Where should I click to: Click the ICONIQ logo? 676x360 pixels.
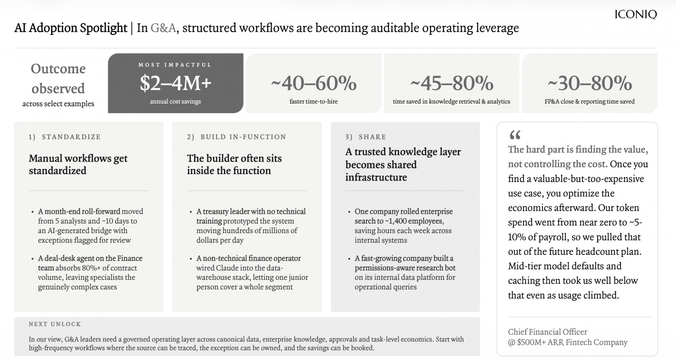click(x=636, y=14)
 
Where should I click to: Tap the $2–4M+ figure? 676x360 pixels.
click(x=175, y=83)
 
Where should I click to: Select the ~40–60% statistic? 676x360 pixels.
click(x=314, y=83)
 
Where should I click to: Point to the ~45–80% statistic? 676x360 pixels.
click(x=452, y=83)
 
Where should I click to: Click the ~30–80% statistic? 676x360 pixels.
click(x=590, y=83)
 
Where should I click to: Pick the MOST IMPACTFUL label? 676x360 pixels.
click(x=175, y=65)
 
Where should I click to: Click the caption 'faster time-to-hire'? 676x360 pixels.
click(x=314, y=101)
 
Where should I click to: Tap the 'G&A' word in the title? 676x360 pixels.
click(x=163, y=28)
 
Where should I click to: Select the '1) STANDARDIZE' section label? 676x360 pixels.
click(x=65, y=137)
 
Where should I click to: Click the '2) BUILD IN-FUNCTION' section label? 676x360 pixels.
click(x=236, y=137)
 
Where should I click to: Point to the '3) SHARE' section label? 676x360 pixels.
click(x=365, y=137)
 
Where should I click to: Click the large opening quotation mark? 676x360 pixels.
click(x=515, y=135)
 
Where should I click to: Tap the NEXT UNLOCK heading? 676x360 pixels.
click(x=55, y=324)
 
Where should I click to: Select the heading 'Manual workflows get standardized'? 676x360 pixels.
click(x=78, y=165)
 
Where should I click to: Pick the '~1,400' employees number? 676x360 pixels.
click(x=398, y=221)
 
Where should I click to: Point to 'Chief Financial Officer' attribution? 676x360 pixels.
click(x=547, y=332)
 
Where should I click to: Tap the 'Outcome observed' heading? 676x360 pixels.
click(x=58, y=78)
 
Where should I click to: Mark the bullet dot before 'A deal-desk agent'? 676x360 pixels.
click(x=32, y=259)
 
